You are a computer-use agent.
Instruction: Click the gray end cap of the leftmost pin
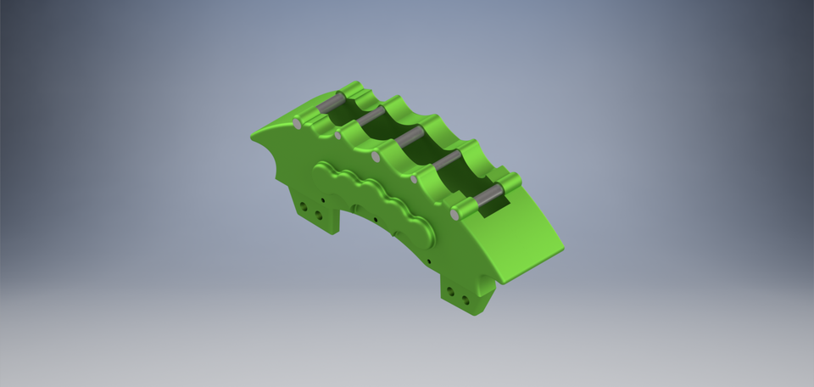(298, 124)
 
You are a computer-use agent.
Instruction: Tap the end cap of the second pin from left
(337, 135)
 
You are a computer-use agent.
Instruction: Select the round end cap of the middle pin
(376, 157)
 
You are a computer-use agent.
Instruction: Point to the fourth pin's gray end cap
(415, 179)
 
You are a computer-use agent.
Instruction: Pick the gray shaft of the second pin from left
(371, 117)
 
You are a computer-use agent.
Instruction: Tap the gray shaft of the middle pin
(409, 137)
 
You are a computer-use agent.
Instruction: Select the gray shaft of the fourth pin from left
(447, 160)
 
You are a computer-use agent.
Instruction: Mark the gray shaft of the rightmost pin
(489, 197)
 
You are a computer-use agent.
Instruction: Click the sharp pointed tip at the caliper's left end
(253, 134)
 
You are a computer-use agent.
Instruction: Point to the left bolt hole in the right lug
(451, 293)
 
